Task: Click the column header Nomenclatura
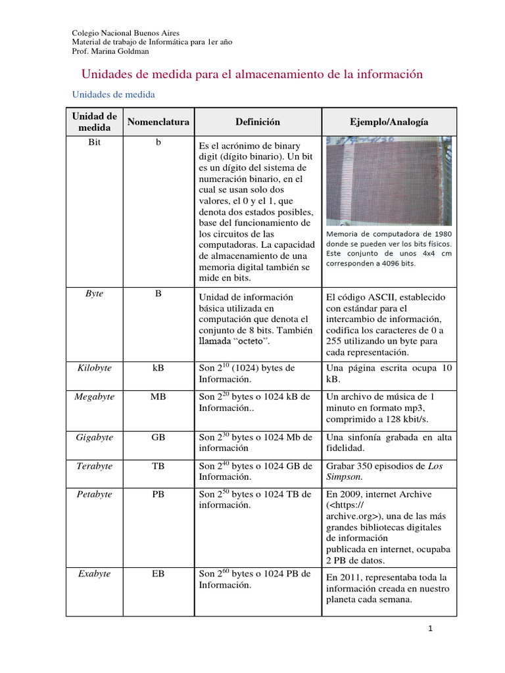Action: pos(158,122)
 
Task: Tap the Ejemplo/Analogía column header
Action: pos(389,122)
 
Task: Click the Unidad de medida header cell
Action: pos(95,122)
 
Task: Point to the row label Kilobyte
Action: pos(95,368)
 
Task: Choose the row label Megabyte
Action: pos(95,397)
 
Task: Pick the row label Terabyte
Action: pos(95,466)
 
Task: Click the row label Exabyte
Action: pos(95,574)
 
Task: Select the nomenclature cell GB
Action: pos(158,437)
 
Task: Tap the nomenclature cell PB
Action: pos(158,494)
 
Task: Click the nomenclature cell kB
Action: pos(158,368)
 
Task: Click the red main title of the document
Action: pos(251,74)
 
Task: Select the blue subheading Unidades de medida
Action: pos(113,95)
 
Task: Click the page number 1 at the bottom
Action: pos(430,629)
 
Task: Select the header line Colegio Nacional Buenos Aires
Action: pos(125,34)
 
